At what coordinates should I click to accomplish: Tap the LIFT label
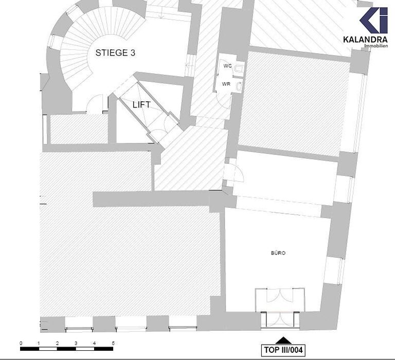click(x=141, y=104)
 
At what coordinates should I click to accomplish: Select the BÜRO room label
click(x=278, y=253)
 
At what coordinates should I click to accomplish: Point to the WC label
click(x=227, y=66)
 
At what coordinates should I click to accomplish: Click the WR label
click(x=226, y=84)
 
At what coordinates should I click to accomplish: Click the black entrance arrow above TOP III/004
click(x=282, y=340)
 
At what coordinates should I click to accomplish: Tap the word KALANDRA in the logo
click(x=366, y=39)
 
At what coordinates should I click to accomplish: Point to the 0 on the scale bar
click(x=21, y=343)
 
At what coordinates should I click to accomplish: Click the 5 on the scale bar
click(x=113, y=343)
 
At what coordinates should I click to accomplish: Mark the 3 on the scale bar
click(x=76, y=343)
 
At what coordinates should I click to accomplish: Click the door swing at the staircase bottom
click(x=96, y=105)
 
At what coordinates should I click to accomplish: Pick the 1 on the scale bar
click(x=39, y=343)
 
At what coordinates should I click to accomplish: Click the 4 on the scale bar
click(x=94, y=343)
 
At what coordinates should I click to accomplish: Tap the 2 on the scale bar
click(x=58, y=343)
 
